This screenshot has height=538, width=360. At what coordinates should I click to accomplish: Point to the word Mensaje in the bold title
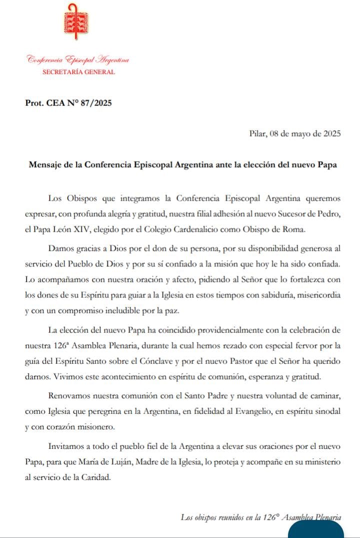pos(45,165)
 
